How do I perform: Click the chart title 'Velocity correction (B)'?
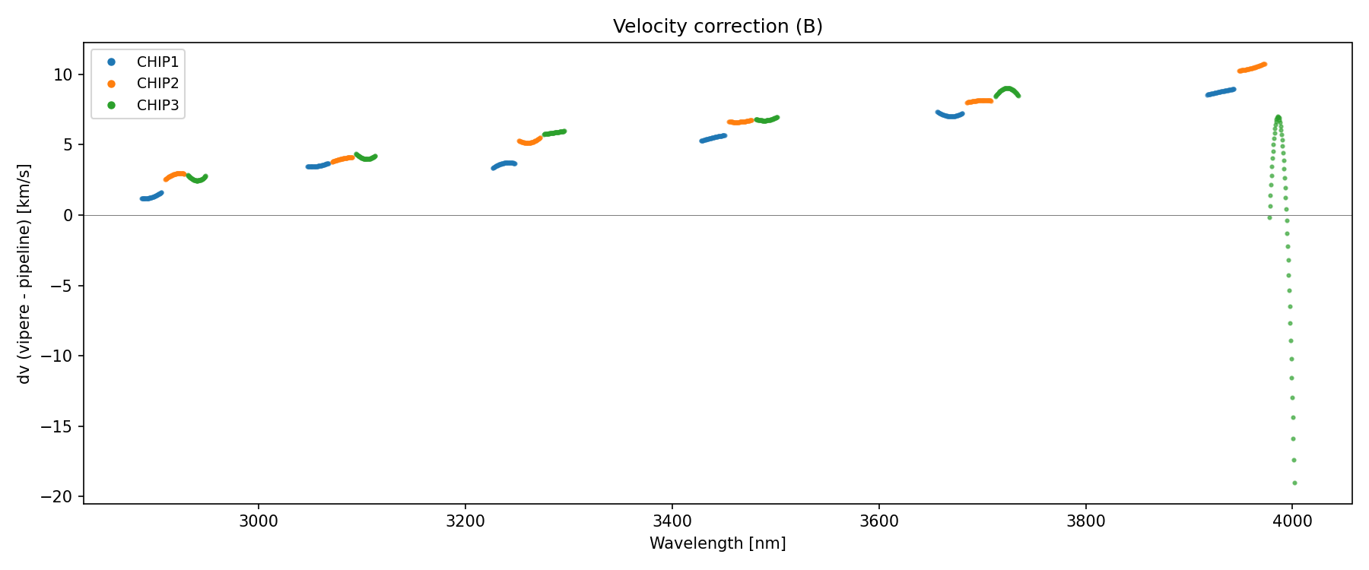point(717,27)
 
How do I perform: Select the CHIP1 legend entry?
point(157,62)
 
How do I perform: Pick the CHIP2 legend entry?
point(157,84)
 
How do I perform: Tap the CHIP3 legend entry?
point(157,106)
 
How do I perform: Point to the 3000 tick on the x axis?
point(259,521)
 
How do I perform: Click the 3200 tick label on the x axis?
point(465,521)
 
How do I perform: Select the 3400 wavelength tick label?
point(672,521)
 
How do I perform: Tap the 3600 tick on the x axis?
point(878,521)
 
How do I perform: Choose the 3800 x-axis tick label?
point(1085,521)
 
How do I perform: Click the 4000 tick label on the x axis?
point(1292,521)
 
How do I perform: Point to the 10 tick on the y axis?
point(63,74)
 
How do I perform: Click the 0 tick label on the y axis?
point(68,216)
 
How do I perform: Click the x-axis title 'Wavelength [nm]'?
point(717,543)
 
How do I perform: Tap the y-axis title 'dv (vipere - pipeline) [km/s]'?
point(24,274)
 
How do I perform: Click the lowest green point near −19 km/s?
point(1294,483)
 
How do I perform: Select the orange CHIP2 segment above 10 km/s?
point(1252,68)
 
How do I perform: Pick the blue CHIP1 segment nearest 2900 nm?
point(151,197)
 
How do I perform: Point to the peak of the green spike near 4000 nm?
point(1278,117)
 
